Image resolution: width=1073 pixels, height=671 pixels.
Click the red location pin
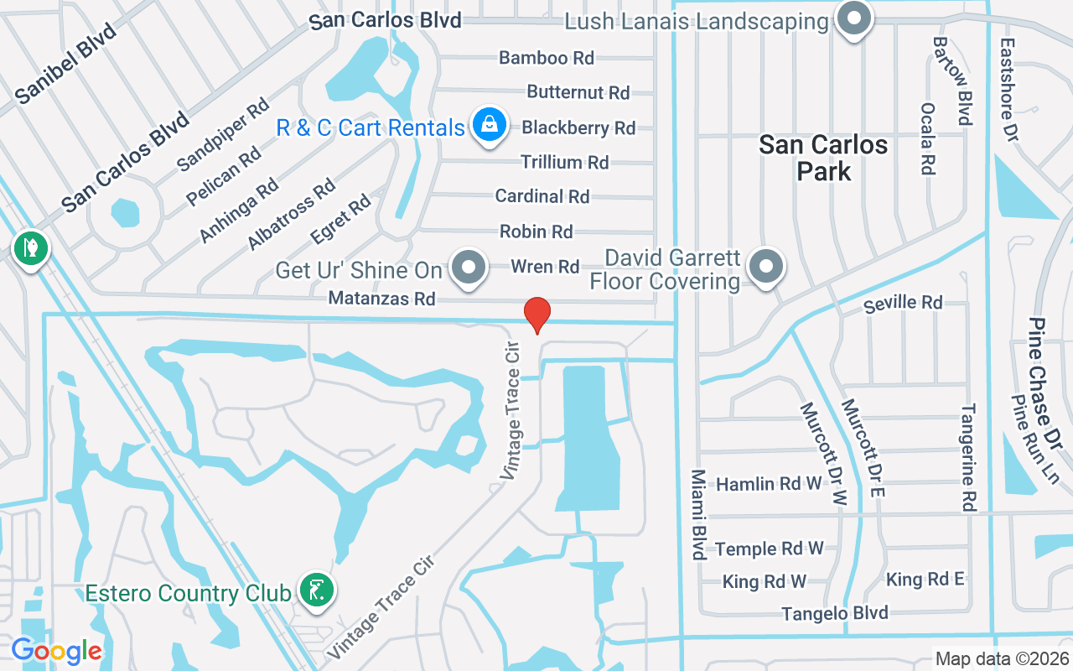click(536, 315)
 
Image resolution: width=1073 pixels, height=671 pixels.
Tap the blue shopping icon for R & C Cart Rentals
click(490, 126)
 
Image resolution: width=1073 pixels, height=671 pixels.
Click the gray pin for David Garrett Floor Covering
click(765, 268)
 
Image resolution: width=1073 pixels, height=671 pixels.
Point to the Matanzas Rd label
click(382, 298)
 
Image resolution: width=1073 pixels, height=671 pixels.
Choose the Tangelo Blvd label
click(835, 613)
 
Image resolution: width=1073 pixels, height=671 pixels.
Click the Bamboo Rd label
click(547, 58)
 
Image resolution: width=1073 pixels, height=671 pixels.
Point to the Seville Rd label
click(904, 303)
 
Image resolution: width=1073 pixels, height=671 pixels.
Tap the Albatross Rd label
click(291, 214)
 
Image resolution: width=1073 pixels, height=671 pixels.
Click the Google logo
click(56, 651)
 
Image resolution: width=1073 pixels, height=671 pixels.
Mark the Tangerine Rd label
click(969, 457)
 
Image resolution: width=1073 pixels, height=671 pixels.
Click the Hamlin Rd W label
click(758, 484)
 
